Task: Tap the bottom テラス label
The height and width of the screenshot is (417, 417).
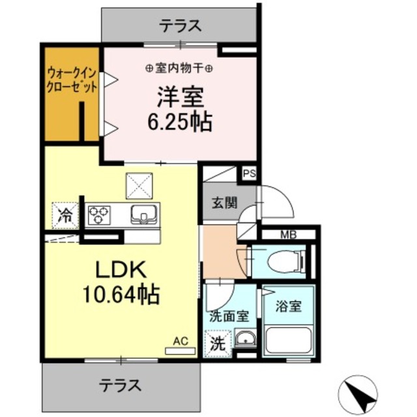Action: point(121,384)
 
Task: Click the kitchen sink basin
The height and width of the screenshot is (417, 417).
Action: point(143,214)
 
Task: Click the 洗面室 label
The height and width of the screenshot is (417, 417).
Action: point(229,317)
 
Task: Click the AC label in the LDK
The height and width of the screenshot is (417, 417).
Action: point(180,341)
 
